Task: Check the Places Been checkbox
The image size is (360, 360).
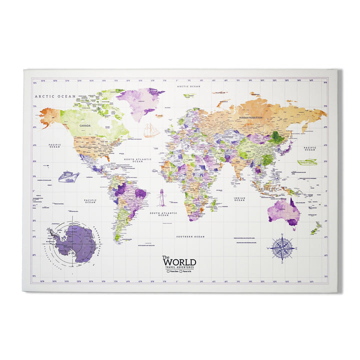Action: (168, 271)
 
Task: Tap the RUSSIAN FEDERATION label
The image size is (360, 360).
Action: (250, 118)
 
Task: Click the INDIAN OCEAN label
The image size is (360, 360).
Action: (239, 199)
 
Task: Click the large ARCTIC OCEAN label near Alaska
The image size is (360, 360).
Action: (54, 96)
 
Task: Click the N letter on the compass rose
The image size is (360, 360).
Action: (281, 234)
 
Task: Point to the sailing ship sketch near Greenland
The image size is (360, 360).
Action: (151, 130)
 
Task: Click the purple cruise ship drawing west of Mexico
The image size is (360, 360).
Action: (68, 176)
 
